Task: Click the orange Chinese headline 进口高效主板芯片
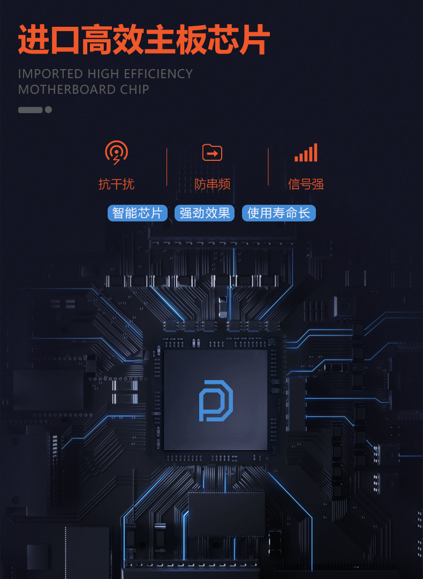pos(143,39)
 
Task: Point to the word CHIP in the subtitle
pos(134,90)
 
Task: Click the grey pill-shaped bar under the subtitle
pos(30,110)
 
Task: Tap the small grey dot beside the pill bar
pos(48,110)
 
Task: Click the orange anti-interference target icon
pos(116,153)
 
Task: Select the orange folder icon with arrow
pos(212,153)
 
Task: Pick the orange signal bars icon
pos(306,153)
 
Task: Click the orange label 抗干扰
pos(116,184)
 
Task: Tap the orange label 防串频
pos(212,184)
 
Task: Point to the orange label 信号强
pos(306,184)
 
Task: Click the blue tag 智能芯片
pos(138,213)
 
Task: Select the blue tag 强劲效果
pos(205,213)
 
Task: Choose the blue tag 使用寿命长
pos(279,213)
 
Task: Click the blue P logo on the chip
pos(215,400)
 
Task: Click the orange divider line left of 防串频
pos(167,167)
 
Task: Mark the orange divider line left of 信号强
pos(268,167)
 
